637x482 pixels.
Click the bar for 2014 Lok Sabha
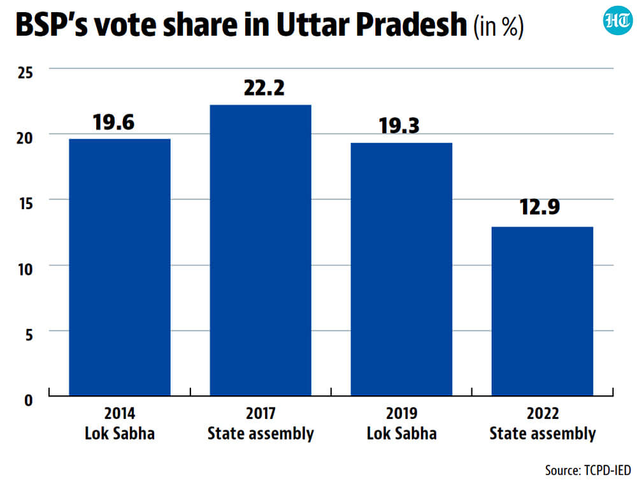coord(120,267)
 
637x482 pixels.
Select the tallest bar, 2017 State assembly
coord(261,250)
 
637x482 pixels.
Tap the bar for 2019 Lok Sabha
coord(401,269)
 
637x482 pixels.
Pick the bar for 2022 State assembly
coord(542,311)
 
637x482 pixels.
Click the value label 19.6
coord(113,122)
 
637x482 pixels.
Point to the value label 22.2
coord(264,88)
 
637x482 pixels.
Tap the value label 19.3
coord(399,126)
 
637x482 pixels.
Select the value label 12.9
coord(540,207)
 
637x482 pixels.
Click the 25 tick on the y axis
coord(25,73)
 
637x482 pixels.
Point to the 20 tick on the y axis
coord(25,138)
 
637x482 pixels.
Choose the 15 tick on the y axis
coord(25,203)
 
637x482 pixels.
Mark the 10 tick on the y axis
coord(25,269)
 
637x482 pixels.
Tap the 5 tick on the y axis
coord(29,335)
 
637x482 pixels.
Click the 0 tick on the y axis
coord(29,400)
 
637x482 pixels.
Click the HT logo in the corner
coord(617,20)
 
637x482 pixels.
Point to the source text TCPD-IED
coord(608,470)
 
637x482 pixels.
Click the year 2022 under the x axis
coord(543,414)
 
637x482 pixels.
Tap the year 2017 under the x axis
coord(261,414)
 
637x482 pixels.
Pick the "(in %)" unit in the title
coord(499,26)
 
